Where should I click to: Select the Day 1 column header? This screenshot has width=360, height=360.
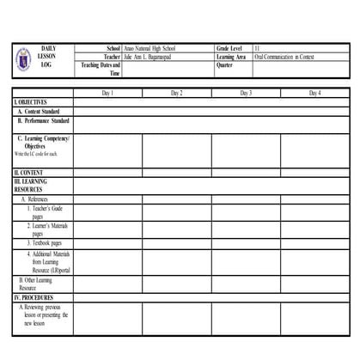[x=107, y=92]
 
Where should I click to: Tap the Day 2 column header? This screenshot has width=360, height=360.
[x=176, y=92]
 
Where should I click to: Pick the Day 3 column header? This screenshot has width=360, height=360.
[x=246, y=92]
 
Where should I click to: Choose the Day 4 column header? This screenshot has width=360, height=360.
[x=314, y=92]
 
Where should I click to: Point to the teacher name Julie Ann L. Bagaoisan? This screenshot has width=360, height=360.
[x=148, y=57]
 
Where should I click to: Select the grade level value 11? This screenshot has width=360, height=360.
[x=257, y=50]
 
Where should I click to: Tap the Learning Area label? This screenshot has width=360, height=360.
[x=233, y=57]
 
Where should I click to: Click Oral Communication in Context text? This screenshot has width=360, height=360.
[x=284, y=57]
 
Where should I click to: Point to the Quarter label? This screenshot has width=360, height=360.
[x=225, y=64]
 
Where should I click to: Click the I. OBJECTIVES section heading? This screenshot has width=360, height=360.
[x=31, y=101]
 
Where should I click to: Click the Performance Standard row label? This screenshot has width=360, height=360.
[x=43, y=121]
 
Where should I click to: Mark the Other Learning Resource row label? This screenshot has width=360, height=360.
[x=35, y=284]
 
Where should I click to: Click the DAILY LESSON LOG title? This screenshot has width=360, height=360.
[x=52, y=57]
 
